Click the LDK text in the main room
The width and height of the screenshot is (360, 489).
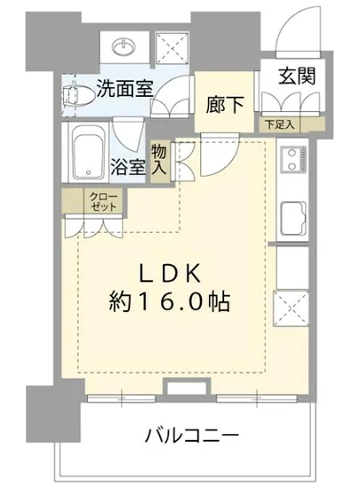click(x=173, y=271)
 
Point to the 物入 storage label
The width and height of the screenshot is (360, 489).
click(x=161, y=162)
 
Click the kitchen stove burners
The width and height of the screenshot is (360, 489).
click(x=292, y=162)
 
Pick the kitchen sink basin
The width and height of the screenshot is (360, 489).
click(x=292, y=216)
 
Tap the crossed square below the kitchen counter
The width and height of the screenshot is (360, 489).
click(x=292, y=312)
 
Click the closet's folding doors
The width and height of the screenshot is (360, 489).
click(x=95, y=226)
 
